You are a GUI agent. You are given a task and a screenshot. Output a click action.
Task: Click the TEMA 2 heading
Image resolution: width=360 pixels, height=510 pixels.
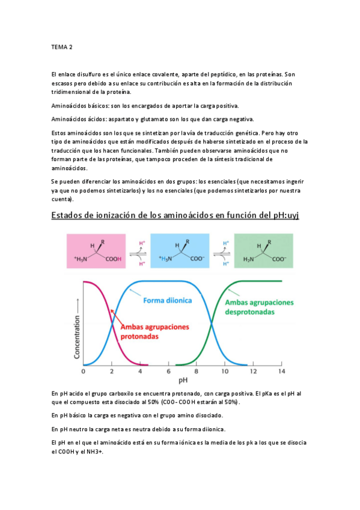coord(61,46)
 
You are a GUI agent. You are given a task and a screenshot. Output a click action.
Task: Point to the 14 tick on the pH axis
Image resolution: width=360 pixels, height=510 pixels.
coord(281,370)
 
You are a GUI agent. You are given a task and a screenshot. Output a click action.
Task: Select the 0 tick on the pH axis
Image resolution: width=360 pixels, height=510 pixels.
coord(83,370)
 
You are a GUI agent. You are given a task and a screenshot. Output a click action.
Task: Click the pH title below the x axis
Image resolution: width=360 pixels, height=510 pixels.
coord(182,381)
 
